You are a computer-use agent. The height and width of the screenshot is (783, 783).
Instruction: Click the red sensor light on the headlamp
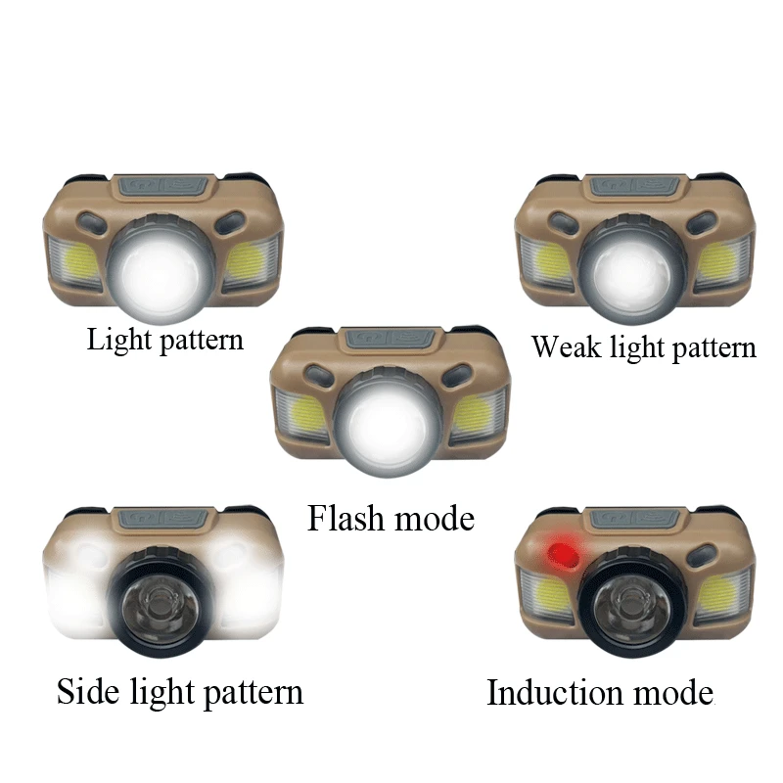point(562,555)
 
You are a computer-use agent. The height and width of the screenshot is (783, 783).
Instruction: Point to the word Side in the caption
point(90,692)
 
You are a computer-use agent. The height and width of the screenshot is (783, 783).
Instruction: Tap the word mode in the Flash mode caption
point(432,518)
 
